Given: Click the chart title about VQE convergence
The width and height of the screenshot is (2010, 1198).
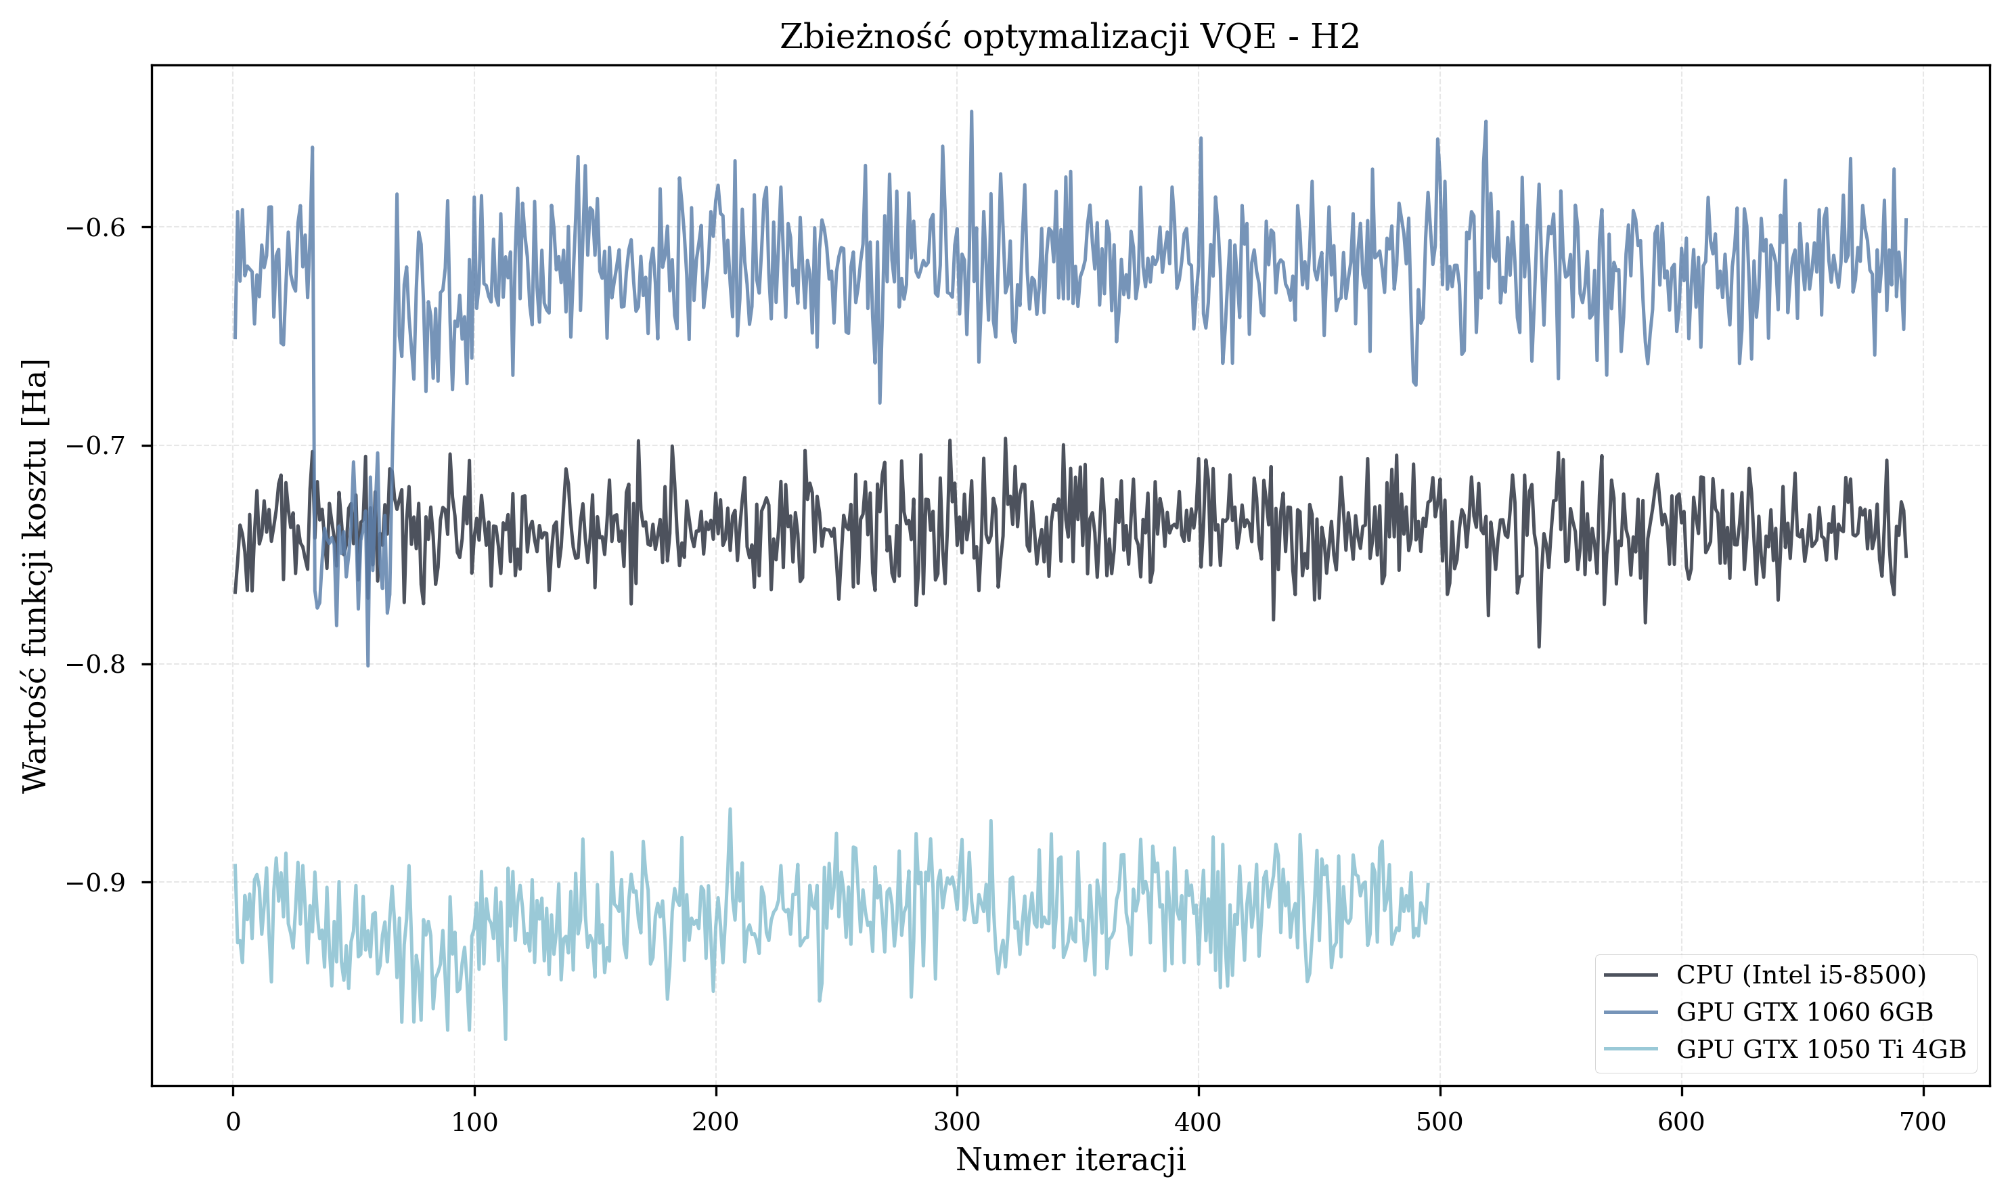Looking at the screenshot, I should [1069, 37].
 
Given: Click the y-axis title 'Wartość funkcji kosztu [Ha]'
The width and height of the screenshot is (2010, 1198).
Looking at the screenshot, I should [35, 575].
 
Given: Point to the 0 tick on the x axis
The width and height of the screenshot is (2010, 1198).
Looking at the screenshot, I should [233, 1122].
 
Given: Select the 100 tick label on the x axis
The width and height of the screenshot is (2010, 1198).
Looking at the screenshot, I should [474, 1122].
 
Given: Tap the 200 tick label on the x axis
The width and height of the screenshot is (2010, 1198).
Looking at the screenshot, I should [715, 1122].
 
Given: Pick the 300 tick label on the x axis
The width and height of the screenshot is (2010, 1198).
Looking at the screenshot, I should [956, 1122].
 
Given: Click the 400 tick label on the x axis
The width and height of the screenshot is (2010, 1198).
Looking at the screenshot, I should [1198, 1122].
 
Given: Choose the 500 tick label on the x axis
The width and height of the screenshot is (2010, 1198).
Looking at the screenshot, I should [1439, 1122].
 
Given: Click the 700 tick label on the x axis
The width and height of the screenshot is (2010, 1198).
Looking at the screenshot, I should [1923, 1122].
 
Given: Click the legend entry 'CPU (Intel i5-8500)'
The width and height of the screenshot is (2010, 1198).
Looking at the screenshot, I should [1801, 975].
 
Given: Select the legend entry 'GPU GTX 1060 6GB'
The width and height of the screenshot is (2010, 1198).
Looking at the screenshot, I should [1804, 1013].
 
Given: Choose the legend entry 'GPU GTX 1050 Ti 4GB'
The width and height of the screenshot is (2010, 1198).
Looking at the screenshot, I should [1821, 1050].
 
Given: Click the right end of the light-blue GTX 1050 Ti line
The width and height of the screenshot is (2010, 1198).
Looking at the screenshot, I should [1428, 885].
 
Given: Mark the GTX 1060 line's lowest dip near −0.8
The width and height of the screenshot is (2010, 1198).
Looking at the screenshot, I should [368, 666].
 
